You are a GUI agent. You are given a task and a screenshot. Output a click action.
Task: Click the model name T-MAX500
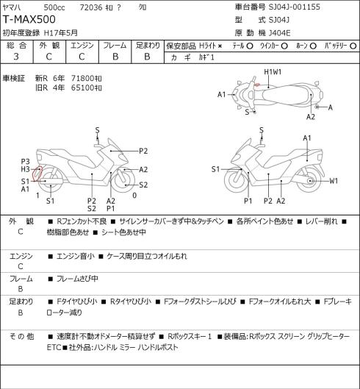click(29, 20)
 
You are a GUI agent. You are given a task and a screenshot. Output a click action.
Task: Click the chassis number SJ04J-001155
click(295, 7)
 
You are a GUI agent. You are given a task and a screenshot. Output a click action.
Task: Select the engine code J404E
click(279, 33)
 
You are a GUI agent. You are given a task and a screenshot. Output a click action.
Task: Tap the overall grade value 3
click(16, 57)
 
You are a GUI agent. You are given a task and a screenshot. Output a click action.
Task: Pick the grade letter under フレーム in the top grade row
click(115, 57)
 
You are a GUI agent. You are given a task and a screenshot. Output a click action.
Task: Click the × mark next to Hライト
click(220, 46)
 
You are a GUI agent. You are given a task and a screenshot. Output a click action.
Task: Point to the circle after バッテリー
click(353, 46)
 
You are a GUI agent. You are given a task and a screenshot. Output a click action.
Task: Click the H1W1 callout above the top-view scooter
click(273, 72)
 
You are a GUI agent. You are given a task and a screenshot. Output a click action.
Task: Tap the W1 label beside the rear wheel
click(334, 181)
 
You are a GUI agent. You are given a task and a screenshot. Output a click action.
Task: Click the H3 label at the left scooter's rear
click(25, 169)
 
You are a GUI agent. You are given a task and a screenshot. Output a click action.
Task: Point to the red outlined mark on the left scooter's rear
click(37, 174)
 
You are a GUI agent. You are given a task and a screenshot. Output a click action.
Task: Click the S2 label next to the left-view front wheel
click(143, 185)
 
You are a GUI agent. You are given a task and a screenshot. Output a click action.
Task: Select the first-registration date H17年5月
click(61, 33)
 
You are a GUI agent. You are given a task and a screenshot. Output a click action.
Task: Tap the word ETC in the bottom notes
click(54, 347)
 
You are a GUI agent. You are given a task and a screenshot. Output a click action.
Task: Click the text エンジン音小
click(76, 256)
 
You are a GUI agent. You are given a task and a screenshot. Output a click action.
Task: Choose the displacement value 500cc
click(54, 7)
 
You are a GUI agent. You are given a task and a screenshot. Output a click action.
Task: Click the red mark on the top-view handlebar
click(257, 85)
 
